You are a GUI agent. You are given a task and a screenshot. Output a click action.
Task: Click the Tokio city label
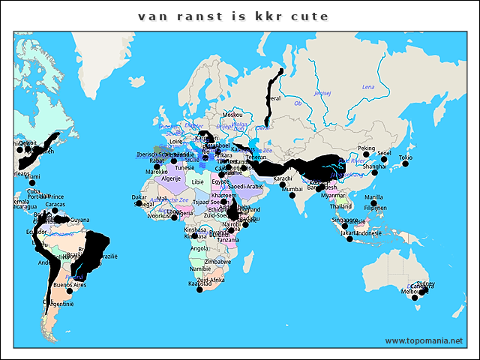(x=405, y=157)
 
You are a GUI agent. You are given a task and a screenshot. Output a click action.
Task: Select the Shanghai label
(x=375, y=166)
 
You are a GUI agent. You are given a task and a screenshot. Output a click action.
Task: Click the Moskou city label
(x=232, y=115)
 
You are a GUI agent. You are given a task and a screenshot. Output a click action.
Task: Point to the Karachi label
(x=282, y=178)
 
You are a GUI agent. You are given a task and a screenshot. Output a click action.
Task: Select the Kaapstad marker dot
(x=199, y=289)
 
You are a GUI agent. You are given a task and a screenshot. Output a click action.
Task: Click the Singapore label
(x=344, y=219)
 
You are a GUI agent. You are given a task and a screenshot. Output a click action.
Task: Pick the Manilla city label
(x=373, y=197)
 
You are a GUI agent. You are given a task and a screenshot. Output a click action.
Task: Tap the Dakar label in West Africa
(x=139, y=197)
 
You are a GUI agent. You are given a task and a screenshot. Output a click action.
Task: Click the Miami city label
(x=31, y=177)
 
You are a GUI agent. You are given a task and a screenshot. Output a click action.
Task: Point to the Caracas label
(x=55, y=204)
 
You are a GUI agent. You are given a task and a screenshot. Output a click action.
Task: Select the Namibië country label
(x=200, y=268)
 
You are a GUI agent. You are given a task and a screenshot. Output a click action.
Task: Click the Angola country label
(x=199, y=248)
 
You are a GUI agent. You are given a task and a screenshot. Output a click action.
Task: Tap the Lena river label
(x=368, y=87)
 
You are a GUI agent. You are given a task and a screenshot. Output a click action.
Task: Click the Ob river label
(x=298, y=103)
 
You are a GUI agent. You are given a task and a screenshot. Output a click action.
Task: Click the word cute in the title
(x=310, y=16)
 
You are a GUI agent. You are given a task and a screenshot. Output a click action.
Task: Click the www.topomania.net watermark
(x=424, y=340)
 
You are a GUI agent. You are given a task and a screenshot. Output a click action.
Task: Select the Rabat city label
(x=157, y=160)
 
